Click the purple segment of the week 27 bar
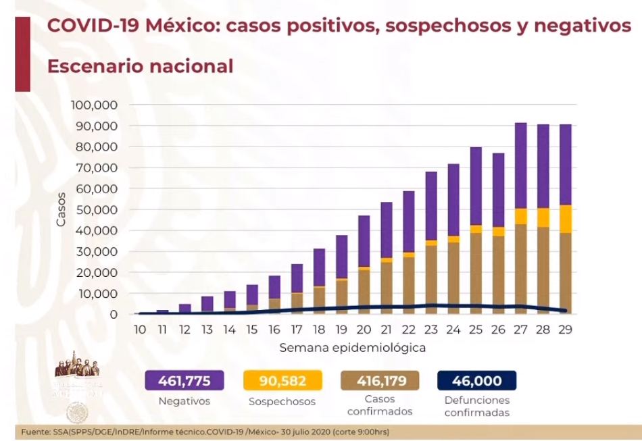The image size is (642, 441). [520, 165]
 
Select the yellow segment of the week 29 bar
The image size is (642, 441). [565, 219]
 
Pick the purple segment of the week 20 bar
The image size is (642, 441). [364, 241]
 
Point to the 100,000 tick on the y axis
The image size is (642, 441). [93, 105]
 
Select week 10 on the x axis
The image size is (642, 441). [140, 329]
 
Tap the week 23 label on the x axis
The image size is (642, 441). [430, 329]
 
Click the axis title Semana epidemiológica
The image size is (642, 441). [352, 348]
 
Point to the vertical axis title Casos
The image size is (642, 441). [61, 209]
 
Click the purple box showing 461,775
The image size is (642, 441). [184, 381]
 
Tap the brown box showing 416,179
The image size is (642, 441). [380, 381]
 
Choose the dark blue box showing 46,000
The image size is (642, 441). [476, 381]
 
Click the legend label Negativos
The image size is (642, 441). [184, 401]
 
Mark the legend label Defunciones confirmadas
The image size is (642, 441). [476, 406]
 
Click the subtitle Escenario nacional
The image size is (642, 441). [140, 66]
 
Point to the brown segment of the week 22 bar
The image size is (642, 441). [408, 284]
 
